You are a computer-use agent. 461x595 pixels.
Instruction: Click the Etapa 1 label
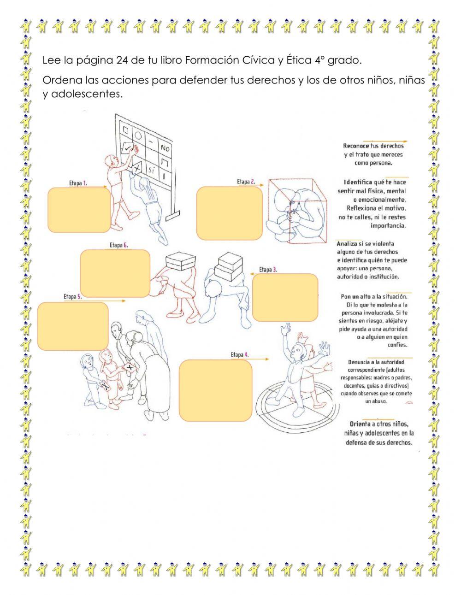tap(78, 183)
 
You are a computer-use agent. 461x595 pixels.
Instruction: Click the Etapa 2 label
tap(246, 182)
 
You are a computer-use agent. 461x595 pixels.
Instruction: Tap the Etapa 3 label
tap(268, 270)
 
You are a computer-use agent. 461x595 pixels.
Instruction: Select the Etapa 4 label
tap(240, 354)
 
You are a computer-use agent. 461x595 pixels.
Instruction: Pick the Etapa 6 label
tap(118, 245)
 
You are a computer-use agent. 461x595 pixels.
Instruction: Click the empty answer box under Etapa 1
tap(79, 210)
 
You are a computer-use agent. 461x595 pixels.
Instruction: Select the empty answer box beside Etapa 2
tap(229, 213)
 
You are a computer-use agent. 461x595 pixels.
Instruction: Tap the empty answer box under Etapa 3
tap(285, 297)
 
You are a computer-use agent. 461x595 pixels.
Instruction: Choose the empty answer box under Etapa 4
tap(215, 390)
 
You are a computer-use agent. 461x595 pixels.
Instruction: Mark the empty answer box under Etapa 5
tap(73, 325)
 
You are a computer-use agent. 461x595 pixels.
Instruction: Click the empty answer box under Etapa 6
tap(115, 273)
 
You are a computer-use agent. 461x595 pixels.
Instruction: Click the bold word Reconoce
tap(356, 146)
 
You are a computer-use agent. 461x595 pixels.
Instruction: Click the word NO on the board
tap(165, 148)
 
